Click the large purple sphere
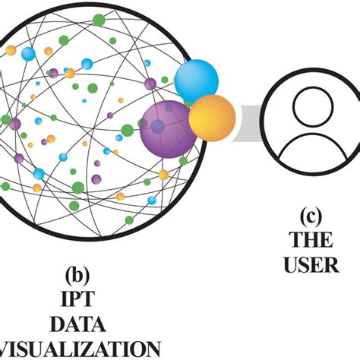pos(169,128)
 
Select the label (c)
pos(311,216)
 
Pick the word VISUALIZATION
pos(80,349)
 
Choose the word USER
pos(311,266)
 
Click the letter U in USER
pos(290,266)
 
